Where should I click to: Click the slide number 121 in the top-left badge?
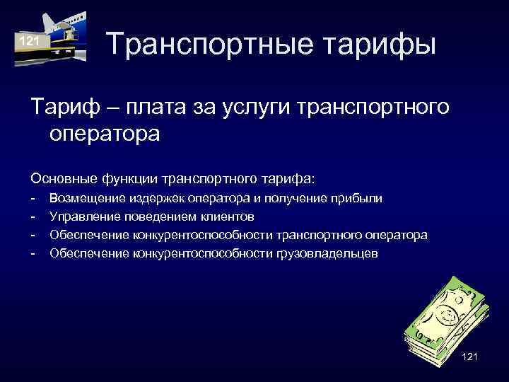pyautogui.click(x=29, y=42)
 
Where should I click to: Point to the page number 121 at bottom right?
pyautogui.click(x=469, y=357)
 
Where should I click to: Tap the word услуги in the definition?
pyautogui.click(x=255, y=108)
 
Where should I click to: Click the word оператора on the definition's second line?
pyautogui.click(x=105, y=134)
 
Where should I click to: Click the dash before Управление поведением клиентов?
pyautogui.click(x=33, y=216)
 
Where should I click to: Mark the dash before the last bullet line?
pyautogui.click(x=33, y=253)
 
